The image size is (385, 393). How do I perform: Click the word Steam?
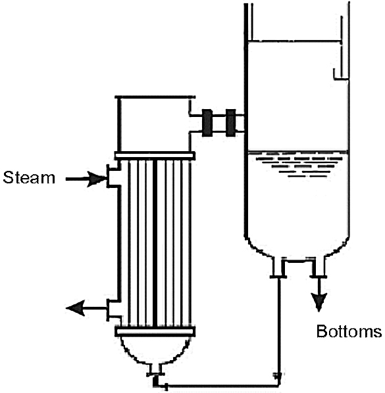(29, 177)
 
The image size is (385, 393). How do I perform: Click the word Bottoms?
(349, 331)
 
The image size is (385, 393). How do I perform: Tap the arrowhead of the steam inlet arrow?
(97, 179)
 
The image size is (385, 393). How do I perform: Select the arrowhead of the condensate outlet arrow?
(74, 308)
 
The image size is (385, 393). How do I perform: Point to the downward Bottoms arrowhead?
(319, 302)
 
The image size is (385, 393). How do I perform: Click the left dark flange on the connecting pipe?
(207, 123)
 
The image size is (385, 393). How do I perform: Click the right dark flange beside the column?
(230, 123)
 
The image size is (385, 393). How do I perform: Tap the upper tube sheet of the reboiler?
(155, 156)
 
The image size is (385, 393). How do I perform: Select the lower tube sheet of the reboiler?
(155, 331)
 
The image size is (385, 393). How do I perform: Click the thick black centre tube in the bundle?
(155, 243)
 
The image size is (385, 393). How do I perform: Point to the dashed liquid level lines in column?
(299, 165)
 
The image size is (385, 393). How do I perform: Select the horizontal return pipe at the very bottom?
(222, 386)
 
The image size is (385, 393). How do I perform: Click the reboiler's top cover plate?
(155, 97)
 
